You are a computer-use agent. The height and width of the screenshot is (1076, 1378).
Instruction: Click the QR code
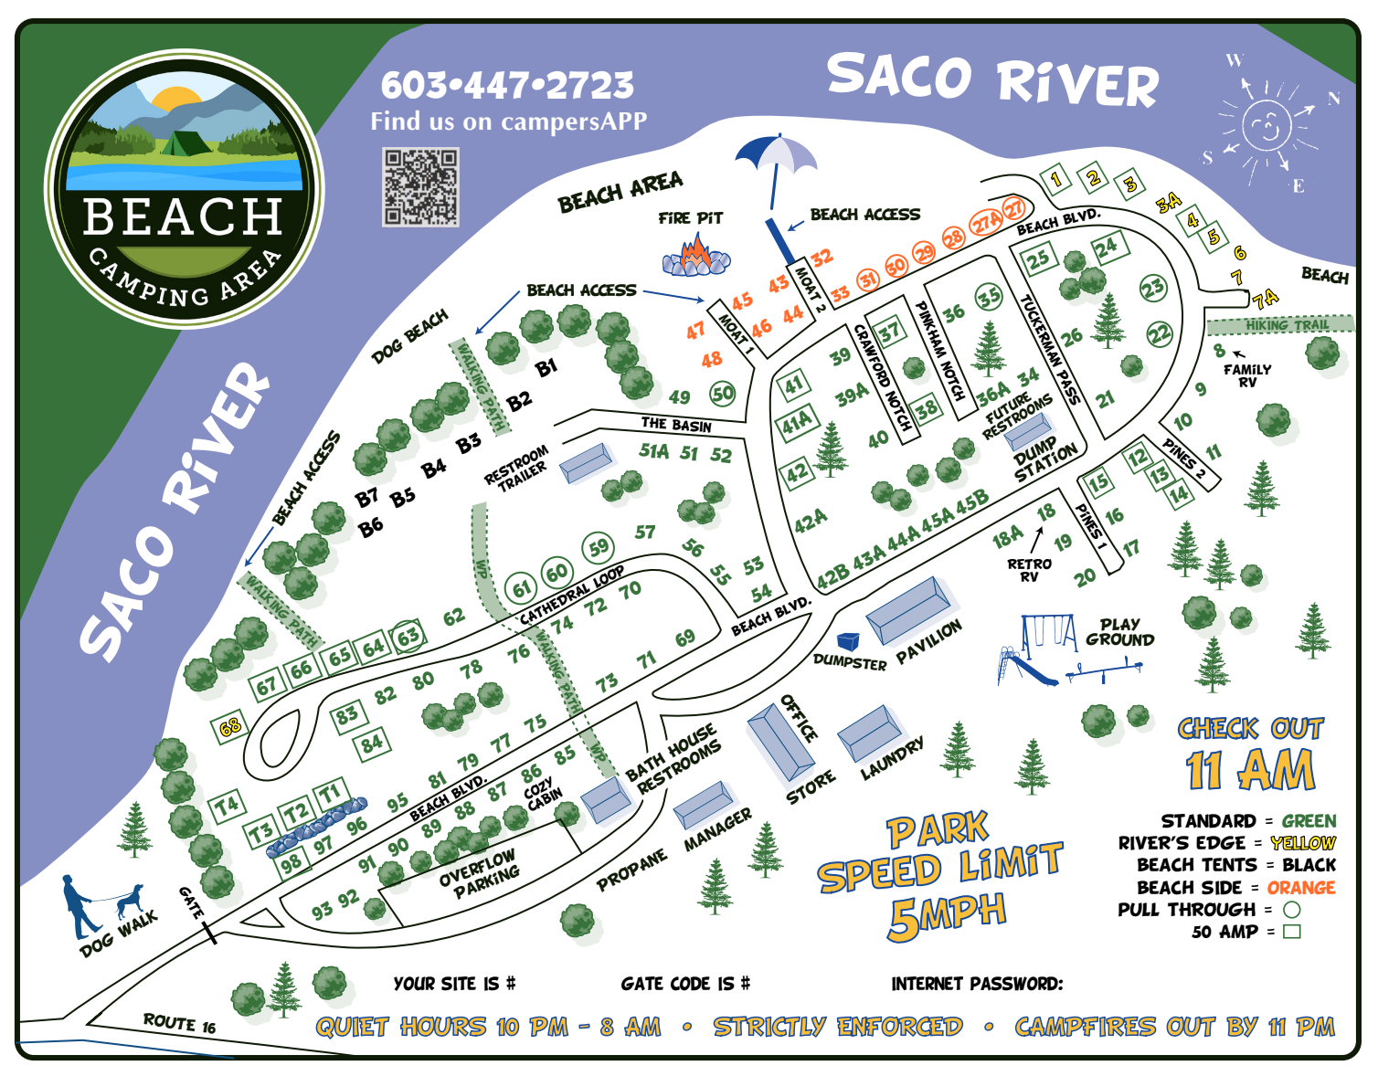click(x=420, y=187)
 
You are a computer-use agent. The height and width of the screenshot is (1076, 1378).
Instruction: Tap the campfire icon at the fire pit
click(x=696, y=255)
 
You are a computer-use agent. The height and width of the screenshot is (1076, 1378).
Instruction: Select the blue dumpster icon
click(x=849, y=641)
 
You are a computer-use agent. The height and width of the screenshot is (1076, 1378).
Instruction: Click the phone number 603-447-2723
click(x=507, y=86)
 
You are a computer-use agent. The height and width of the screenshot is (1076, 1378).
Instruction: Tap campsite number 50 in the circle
click(x=723, y=394)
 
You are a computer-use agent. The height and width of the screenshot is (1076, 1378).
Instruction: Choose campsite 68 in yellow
click(x=229, y=727)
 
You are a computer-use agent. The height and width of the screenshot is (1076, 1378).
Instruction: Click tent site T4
click(x=227, y=806)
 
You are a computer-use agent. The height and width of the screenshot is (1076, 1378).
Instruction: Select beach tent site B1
click(x=546, y=368)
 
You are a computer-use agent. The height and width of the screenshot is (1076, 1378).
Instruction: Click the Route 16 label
click(x=179, y=1023)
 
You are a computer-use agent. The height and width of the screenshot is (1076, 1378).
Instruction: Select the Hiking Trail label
click(x=1287, y=325)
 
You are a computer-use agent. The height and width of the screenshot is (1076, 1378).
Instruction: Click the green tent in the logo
click(x=187, y=143)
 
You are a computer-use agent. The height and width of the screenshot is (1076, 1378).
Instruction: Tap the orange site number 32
click(x=821, y=258)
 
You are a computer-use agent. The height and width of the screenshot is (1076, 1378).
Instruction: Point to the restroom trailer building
click(x=585, y=462)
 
